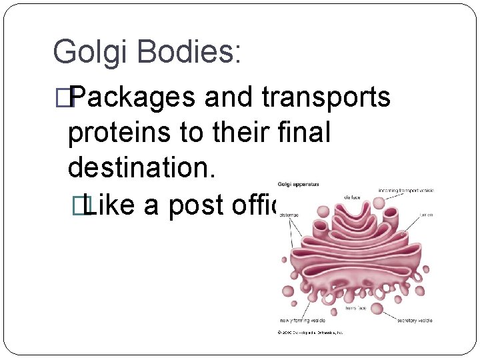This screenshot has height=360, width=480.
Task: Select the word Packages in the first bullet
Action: [x=134, y=97]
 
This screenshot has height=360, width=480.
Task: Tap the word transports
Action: [x=326, y=97]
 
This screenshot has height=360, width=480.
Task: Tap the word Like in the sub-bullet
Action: [x=109, y=205]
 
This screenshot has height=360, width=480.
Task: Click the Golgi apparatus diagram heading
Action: [x=297, y=184]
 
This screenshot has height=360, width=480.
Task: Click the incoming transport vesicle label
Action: [x=406, y=191]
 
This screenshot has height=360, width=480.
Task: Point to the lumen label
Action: [x=426, y=215]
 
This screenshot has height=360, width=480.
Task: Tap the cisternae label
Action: [x=289, y=215]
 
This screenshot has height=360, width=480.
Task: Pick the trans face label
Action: [x=355, y=309]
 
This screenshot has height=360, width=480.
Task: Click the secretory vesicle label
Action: [x=415, y=321]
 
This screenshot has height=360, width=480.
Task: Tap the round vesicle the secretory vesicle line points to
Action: [x=377, y=308]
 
